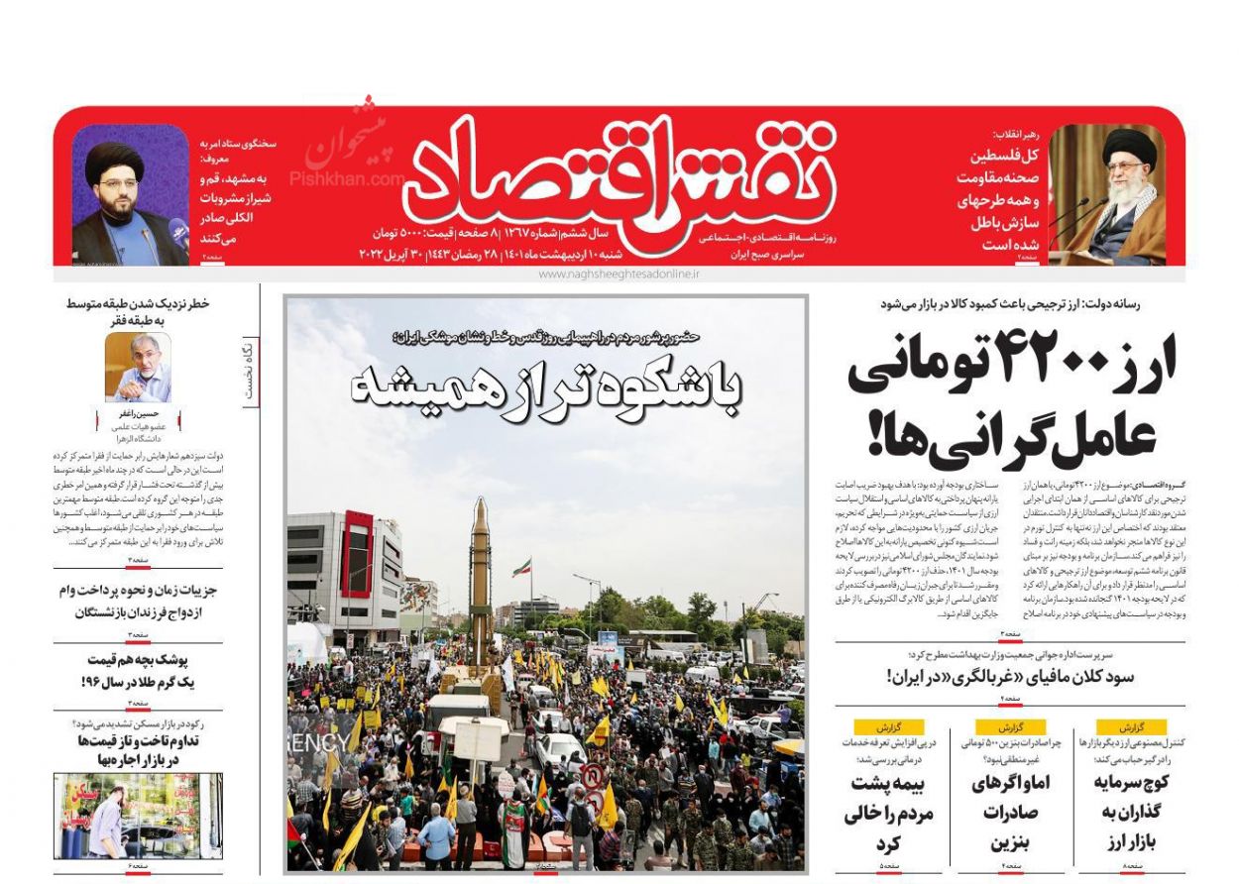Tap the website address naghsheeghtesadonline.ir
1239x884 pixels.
(x=619, y=274)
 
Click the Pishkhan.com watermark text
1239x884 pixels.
(x=345, y=178)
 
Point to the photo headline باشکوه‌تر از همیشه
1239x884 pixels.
(x=546, y=386)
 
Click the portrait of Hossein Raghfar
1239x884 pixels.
(x=138, y=367)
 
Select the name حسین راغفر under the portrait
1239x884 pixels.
(x=138, y=412)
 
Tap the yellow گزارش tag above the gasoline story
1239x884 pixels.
(x=1010, y=726)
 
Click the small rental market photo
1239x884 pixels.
(x=138, y=816)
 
